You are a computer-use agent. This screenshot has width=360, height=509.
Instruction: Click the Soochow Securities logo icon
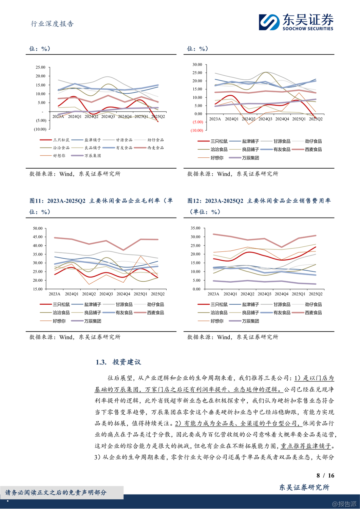click(269, 22)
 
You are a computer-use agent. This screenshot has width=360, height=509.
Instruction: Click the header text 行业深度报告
click(52, 24)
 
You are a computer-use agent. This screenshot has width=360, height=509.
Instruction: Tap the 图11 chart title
click(101, 206)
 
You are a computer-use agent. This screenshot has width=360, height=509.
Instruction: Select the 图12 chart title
click(259, 206)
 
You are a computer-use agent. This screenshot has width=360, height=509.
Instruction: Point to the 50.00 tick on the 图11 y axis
click(38, 228)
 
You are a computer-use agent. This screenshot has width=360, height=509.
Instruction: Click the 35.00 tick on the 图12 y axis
click(196, 228)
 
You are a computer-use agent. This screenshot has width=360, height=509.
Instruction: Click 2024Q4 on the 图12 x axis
click(281, 294)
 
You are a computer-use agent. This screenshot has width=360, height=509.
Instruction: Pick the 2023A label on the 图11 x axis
click(54, 294)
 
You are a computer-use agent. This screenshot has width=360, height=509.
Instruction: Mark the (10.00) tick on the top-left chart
click(40, 129)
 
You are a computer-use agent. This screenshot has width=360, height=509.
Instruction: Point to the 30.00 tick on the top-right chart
click(197, 64)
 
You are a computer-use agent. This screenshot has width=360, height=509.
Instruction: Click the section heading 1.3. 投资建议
click(118, 362)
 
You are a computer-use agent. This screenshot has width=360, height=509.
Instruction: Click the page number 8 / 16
click(325, 475)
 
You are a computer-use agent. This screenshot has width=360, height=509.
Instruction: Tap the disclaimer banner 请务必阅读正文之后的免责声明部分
click(56, 492)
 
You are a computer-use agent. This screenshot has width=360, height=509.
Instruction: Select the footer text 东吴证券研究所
click(304, 487)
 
